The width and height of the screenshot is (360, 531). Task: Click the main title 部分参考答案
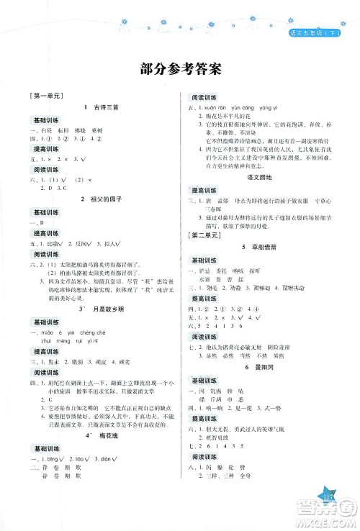click(180, 70)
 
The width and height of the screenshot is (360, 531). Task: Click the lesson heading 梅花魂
click(97, 435)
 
